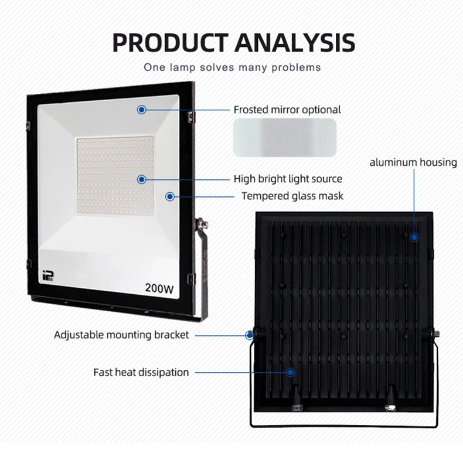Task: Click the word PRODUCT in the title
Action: point(170,43)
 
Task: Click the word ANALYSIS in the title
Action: point(295,43)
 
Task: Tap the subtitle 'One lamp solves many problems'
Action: point(232,67)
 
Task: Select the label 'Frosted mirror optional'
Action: point(287,110)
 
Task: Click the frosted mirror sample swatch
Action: point(285,138)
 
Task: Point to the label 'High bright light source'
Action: point(288,179)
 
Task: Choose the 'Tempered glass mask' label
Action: point(292,196)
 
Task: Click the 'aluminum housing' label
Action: point(413,162)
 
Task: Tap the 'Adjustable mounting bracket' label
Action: point(121,335)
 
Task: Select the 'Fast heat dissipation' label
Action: point(141,372)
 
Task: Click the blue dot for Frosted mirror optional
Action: point(141,110)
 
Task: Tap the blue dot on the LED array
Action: point(141,179)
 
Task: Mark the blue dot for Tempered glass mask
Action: point(170,196)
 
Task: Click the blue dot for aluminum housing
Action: point(414,237)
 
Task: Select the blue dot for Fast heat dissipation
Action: point(290,372)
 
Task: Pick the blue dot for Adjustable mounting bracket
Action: point(250,335)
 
